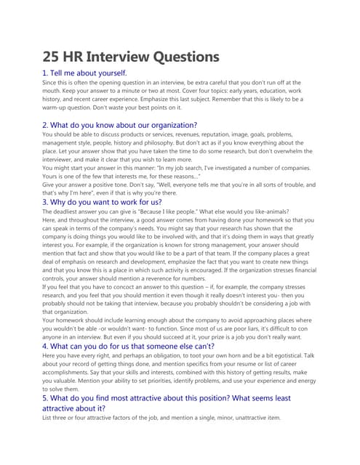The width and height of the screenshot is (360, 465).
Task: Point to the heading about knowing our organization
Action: coord(119,125)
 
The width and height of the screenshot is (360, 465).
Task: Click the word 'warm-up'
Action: coord(61,107)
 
